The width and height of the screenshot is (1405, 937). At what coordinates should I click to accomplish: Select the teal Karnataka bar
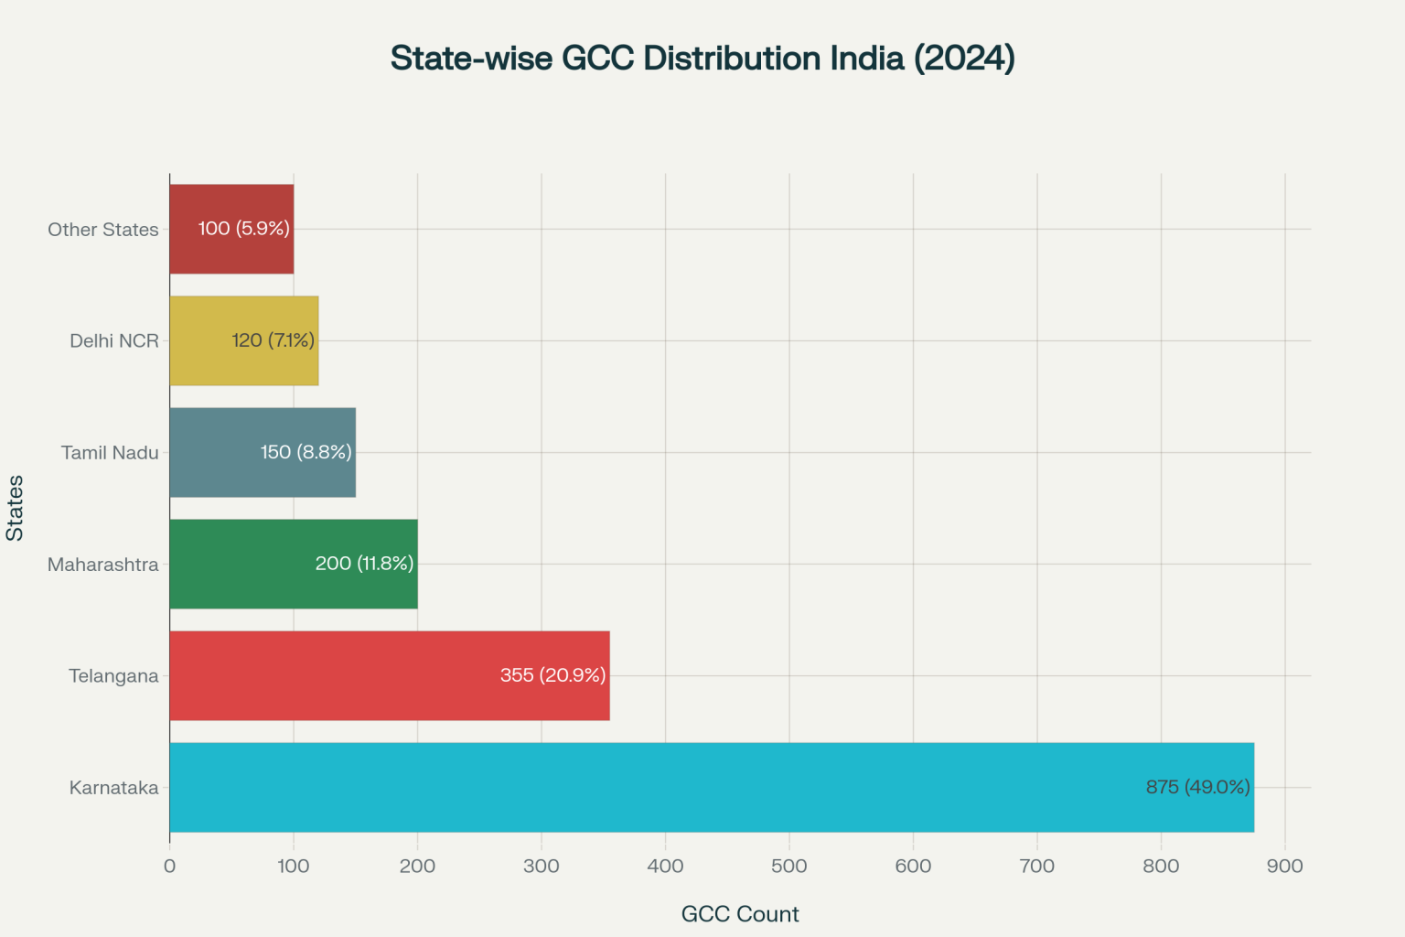(x=640, y=787)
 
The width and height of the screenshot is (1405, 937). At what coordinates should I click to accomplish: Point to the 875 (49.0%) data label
(x=1197, y=787)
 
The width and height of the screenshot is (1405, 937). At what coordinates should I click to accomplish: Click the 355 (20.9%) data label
(x=552, y=675)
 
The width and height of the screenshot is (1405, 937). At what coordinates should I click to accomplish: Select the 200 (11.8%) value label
(x=364, y=564)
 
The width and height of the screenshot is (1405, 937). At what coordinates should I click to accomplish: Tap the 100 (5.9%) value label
(x=243, y=229)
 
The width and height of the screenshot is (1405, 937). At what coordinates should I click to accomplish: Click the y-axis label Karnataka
(x=113, y=788)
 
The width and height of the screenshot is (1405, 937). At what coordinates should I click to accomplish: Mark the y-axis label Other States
(x=102, y=230)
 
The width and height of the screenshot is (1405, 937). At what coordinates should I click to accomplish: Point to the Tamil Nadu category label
(x=110, y=453)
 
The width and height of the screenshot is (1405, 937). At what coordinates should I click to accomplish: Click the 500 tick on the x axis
(x=788, y=867)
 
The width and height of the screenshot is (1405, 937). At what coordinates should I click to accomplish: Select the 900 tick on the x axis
(x=1284, y=867)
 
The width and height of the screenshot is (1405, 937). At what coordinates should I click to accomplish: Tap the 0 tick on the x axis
(x=169, y=867)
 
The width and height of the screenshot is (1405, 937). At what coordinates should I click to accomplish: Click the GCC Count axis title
(x=740, y=914)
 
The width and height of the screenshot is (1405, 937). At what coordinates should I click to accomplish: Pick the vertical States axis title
(x=15, y=508)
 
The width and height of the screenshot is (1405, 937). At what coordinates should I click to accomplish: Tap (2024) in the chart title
(x=963, y=59)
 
